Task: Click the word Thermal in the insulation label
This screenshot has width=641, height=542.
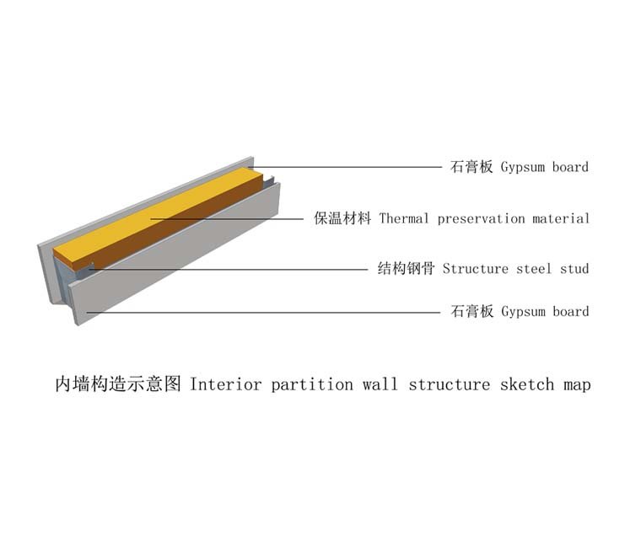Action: (x=403, y=218)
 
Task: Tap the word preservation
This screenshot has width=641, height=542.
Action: (x=481, y=219)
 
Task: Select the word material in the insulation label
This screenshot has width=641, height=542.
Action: (x=561, y=218)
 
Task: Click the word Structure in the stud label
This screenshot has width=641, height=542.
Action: (x=476, y=269)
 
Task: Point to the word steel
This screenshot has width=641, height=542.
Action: (x=534, y=269)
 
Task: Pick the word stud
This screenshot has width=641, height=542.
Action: (x=574, y=269)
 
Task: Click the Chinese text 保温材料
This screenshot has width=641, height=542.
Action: (x=342, y=218)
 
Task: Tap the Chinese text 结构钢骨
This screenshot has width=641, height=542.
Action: (x=406, y=269)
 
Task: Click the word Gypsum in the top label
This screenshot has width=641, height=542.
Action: (x=523, y=168)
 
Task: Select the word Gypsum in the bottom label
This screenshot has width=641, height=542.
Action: (x=523, y=312)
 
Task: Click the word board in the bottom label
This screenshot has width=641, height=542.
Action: (x=571, y=311)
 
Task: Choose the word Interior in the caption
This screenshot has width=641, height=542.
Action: (x=225, y=384)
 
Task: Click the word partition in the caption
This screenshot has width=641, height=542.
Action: (x=312, y=384)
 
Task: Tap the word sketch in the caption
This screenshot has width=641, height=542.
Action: (x=527, y=384)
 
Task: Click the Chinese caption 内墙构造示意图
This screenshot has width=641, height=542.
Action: (x=118, y=384)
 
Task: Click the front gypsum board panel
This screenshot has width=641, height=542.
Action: (x=175, y=253)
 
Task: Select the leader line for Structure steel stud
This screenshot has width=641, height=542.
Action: (x=228, y=270)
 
